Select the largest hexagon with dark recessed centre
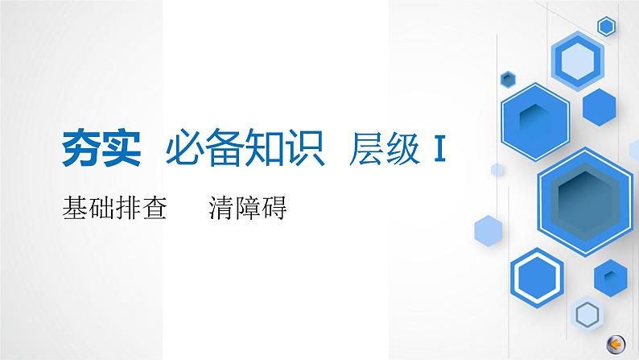coord(584,192)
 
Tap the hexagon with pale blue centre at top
coord(578,59)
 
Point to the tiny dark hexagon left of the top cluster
coord(508,78)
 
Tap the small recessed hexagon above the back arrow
coord(611,277)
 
